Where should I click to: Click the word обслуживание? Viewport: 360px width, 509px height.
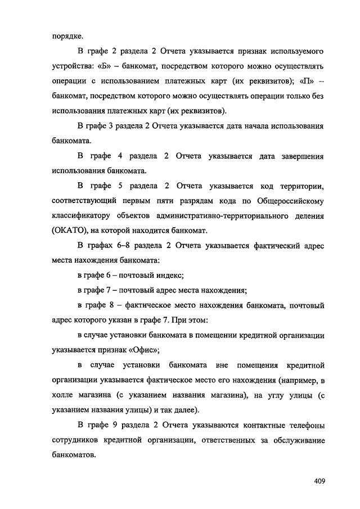coord(294,440)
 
